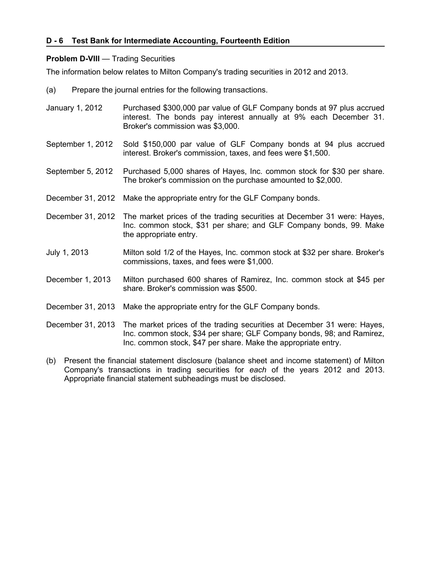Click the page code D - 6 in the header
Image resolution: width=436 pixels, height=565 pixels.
[x=55, y=41]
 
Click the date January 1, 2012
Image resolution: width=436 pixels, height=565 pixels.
[x=74, y=108]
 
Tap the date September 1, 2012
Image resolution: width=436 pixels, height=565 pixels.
[x=80, y=144]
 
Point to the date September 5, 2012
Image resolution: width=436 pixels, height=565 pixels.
[x=80, y=171]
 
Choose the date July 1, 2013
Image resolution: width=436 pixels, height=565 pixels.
[x=67, y=252]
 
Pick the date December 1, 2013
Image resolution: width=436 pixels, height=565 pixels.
[x=78, y=280]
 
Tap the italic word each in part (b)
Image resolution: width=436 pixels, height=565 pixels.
[x=258, y=370]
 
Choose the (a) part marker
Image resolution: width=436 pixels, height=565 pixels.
[x=51, y=90]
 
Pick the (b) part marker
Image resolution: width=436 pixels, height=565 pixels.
[x=51, y=361]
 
